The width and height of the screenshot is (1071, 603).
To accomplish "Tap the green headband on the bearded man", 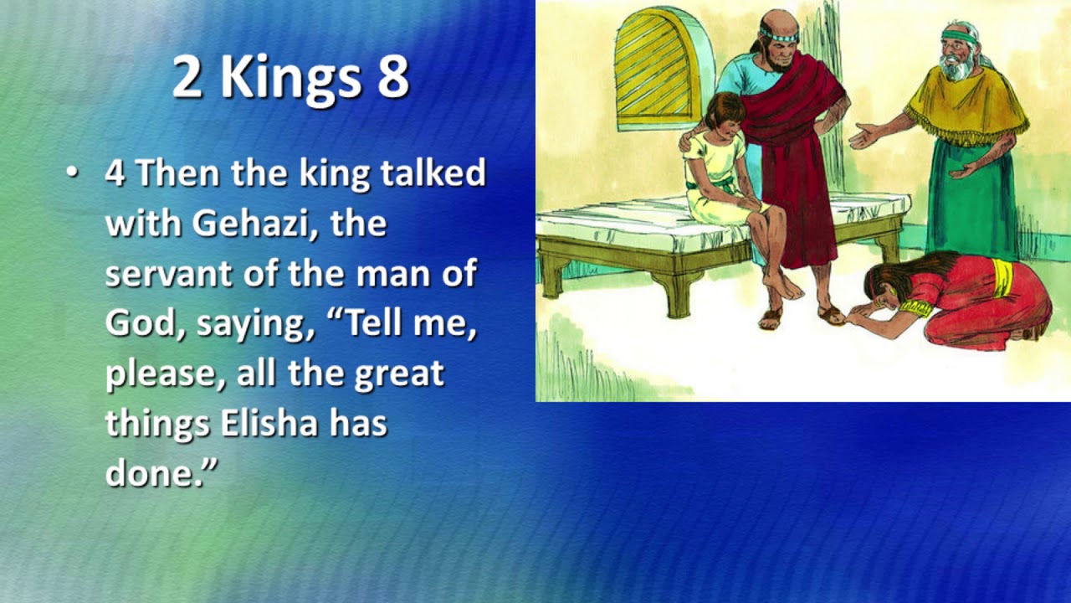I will (959, 36).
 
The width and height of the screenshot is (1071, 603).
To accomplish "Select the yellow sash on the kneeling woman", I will (1001, 278).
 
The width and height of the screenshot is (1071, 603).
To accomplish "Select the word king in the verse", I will (334, 174).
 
